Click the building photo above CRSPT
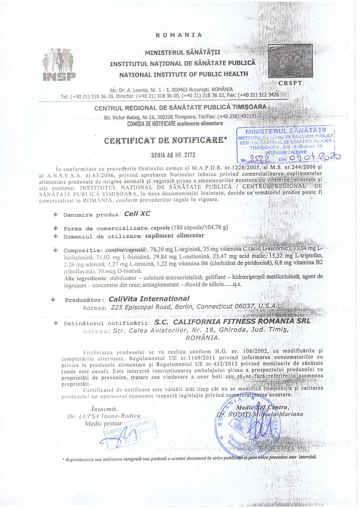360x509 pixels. [x=290, y=61]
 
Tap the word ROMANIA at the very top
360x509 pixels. [x=179, y=35]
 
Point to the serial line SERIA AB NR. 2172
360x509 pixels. [x=173, y=155]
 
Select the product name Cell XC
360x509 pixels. [x=137, y=214]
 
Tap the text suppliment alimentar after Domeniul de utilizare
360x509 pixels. [x=174, y=236]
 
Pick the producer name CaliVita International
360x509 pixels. [x=149, y=299]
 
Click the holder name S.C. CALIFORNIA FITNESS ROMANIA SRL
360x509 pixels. [x=232, y=322]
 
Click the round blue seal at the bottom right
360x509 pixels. [x=247, y=427]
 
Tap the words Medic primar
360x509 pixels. [x=103, y=423]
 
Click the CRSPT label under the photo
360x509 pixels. [x=290, y=83]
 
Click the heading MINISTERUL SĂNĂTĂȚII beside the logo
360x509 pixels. [x=183, y=52]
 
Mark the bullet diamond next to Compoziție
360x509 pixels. [x=55, y=250]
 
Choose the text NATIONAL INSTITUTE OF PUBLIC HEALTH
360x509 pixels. [x=183, y=74]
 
